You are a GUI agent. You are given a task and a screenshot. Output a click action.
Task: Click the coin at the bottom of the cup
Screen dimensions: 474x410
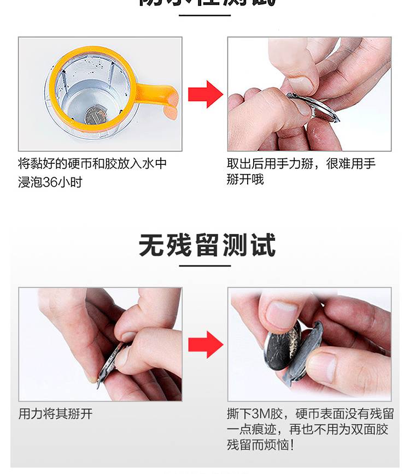(x=93, y=115)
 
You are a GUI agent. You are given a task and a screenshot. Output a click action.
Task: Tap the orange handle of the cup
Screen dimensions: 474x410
(x=159, y=96)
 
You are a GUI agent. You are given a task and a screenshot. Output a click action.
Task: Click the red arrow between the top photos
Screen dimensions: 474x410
(x=205, y=94)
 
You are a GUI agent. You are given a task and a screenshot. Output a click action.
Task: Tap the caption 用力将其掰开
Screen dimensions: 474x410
(x=56, y=414)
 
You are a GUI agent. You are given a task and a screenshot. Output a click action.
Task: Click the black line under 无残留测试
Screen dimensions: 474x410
(x=205, y=266)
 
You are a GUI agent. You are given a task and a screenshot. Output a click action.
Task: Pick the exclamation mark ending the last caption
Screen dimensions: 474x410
(x=294, y=445)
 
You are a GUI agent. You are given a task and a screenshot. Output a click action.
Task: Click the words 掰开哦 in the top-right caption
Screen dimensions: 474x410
(x=245, y=179)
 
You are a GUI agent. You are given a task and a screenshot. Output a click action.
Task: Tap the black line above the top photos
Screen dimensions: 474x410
(x=205, y=15)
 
